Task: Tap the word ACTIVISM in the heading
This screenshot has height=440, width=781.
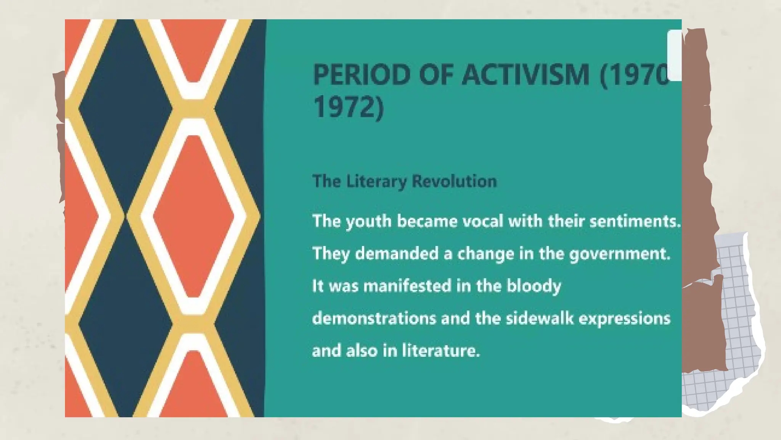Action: (x=526, y=74)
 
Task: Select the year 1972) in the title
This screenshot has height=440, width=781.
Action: (x=348, y=107)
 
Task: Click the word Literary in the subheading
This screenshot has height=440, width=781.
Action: (x=376, y=181)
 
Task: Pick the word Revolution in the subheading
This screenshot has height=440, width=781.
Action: (x=454, y=181)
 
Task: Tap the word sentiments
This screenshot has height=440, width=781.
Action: (x=635, y=221)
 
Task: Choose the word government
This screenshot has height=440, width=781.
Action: (x=620, y=254)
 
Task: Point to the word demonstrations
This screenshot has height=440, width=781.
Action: (x=374, y=318)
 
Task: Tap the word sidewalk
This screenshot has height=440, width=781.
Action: (x=540, y=318)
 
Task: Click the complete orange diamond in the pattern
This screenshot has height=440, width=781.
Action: (x=193, y=216)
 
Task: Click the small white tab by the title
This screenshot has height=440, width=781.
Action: (x=674, y=55)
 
